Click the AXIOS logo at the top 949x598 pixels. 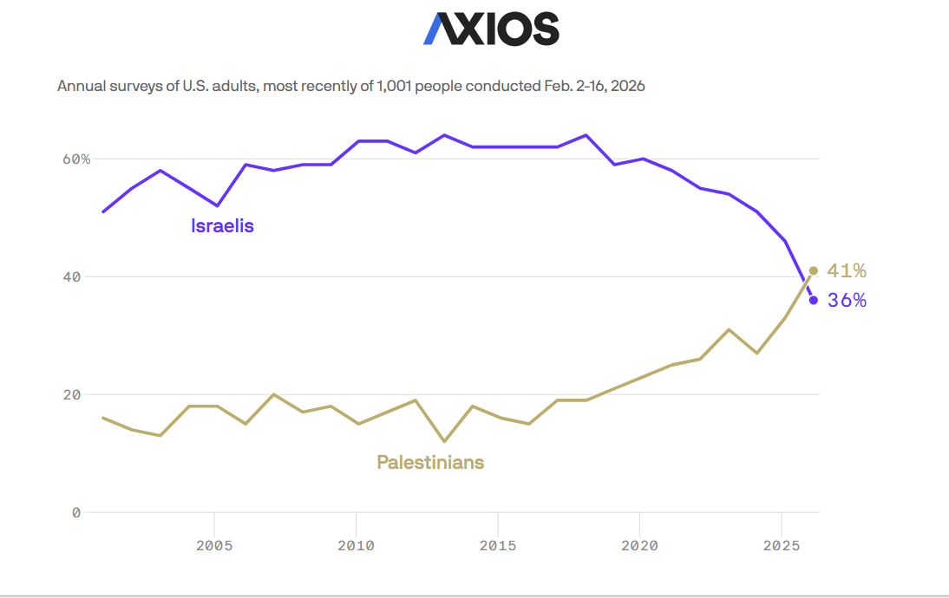[x=491, y=29]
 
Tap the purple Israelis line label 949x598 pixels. [x=222, y=226]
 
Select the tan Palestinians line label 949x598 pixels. [x=430, y=462]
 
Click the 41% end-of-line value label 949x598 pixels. [x=847, y=271]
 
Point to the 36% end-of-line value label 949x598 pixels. [x=847, y=301]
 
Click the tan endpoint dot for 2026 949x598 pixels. [x=813, y=270]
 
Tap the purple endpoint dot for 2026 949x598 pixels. [x=813, y=300]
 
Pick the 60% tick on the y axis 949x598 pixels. [x=75, y=159]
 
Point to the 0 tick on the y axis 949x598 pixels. [x=76, y=512]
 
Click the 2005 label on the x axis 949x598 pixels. [x=213, y=546]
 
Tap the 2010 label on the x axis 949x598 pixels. [x=356, y=546]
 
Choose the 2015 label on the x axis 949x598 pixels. [x=498, y=546]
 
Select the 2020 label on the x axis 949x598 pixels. [x=639, y=546]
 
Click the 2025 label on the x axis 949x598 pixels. [x=782, y=546]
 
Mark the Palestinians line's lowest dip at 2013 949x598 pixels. [x=444, y=441]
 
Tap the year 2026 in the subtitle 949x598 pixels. [x=626, y=87]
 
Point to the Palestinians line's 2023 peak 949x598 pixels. [x=729, y=330]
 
